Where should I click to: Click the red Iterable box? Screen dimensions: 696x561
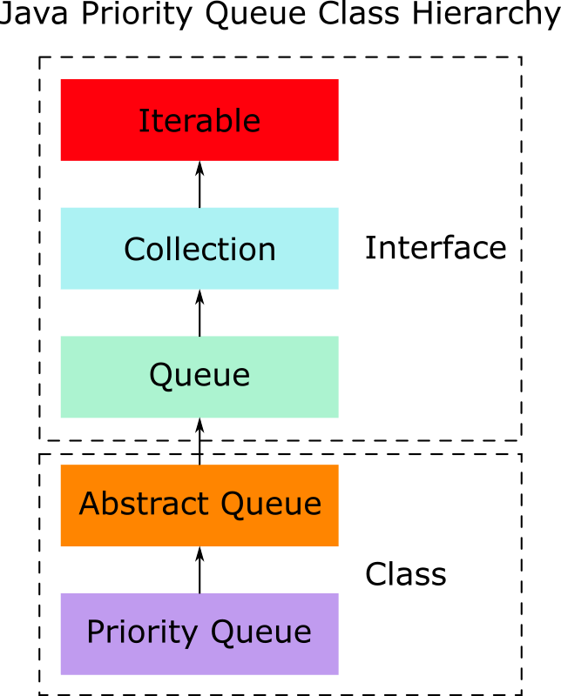[x=199, y=120]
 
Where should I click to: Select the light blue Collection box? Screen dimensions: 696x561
[x=199, y=249]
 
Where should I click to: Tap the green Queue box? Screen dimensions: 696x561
[x=199, y=376]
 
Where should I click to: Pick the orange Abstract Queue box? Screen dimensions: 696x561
[x=199, y=505]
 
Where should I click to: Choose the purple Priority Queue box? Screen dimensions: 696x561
[x=199, y=632]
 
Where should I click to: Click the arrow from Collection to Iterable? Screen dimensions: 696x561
[x=199, y=184]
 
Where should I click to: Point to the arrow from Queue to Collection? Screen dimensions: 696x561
[x=199, y=313]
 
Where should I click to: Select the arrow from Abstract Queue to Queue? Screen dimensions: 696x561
[x=199, y=441]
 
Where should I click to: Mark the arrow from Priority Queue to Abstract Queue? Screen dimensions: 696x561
[x=199, y=570]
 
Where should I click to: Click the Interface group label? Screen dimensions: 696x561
[x=436, y=248]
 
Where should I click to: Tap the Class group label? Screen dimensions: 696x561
[x=405, y=575]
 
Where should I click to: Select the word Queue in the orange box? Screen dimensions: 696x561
[x=271, y=505]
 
